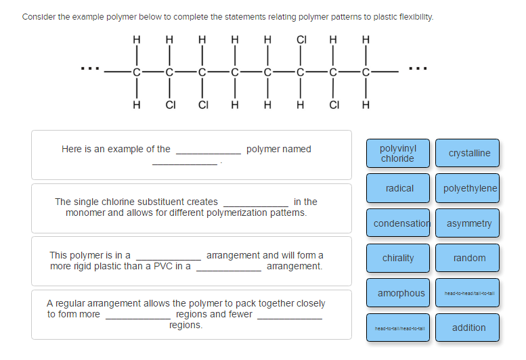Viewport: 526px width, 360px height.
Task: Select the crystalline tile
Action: coord(468,153)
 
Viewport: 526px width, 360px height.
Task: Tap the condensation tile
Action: coord(401,223)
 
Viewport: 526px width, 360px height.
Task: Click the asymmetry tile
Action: coord(468,223)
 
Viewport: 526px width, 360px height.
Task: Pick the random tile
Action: coord(468,258)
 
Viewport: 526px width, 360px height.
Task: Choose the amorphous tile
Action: coord(401,293)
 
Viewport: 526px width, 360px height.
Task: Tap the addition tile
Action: coord(468,328)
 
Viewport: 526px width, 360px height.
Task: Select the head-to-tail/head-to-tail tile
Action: coord(399,328)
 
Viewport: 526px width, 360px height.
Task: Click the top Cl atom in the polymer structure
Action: coord(301,39)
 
